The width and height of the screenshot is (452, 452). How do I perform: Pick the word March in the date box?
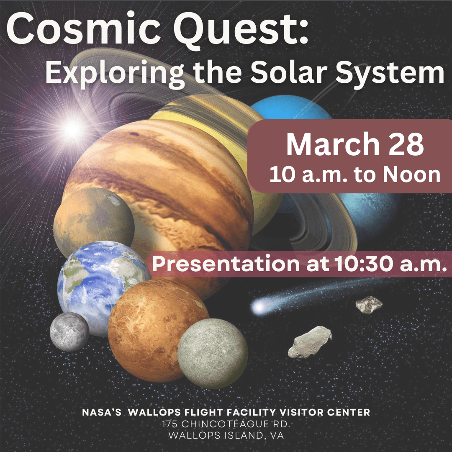point(333,144)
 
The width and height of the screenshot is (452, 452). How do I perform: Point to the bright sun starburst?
point(72,129)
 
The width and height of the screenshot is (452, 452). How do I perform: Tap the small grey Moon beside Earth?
point(69,331)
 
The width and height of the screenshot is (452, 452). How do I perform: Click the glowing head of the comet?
point(258,308)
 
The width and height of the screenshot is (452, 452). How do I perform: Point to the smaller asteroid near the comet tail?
point(367,304)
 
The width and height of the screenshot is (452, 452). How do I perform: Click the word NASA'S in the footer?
point(102,412)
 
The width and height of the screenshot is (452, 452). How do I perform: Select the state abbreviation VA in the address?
point(277,435)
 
